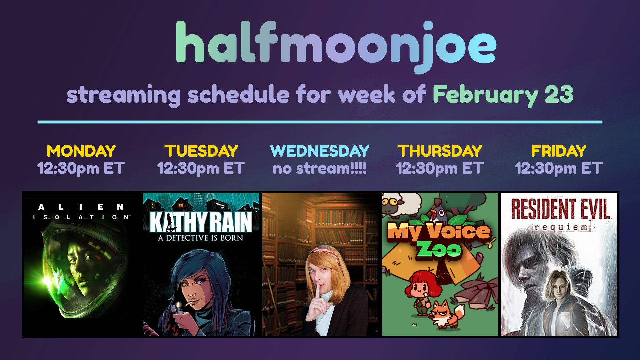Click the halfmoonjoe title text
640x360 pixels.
[336, 47]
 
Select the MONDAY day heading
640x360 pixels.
[81, 151]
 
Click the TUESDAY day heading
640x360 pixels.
[201, 151]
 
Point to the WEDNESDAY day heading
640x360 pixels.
[320, 151]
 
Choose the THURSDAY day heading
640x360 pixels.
[440, 151]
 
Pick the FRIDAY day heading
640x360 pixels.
[559, 151]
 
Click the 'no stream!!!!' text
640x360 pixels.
[320, 168]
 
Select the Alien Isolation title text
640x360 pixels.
[81, 212]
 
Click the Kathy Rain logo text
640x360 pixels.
[201, 222]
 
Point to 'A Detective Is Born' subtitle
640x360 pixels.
[201, 238]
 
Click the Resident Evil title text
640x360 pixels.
[561, 209]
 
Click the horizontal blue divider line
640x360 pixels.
[320, 122]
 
